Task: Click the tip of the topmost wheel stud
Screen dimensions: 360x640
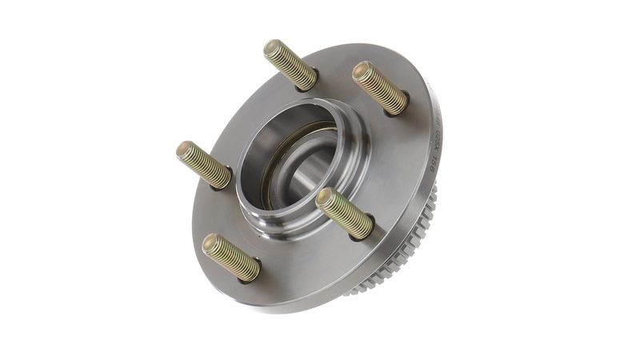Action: [x=273, y=47]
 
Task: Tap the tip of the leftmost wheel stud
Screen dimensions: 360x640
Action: [x=185, y=150]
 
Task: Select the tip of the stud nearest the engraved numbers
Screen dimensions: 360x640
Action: [x=362, y=70]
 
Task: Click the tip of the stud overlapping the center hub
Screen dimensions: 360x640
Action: [x=325, y=198]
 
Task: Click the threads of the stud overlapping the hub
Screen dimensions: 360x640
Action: [x=345, y=214]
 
